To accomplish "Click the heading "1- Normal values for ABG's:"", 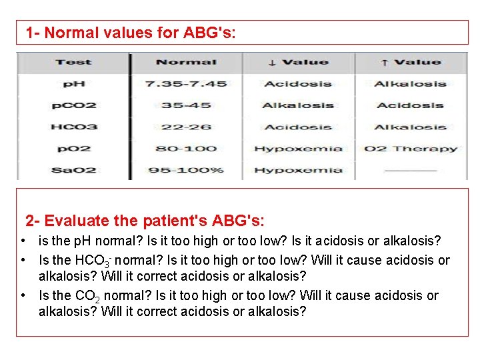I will pos(130,32).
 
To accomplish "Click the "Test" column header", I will pos(73,62).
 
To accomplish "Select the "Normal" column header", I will pos(186,62).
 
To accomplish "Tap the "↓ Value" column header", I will pos(298,62).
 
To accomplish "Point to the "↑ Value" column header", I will pos(411,62).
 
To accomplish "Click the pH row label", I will pos(73,84).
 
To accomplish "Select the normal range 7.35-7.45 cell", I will pos(186,84).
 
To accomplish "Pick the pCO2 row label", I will pos(73,105).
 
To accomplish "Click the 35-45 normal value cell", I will pos(186,105).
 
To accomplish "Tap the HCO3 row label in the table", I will pos(73,127).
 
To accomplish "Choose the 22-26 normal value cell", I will pos(186,127).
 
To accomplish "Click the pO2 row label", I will pos(73,149).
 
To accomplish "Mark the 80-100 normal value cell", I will pos(186,149).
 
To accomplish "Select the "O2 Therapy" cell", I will pos(411,149).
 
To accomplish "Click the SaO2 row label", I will pos(73,170).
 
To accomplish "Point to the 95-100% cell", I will pos(186,170).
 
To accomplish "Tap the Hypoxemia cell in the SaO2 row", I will pos(298,170).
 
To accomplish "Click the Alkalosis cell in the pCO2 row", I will pos(298,105).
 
